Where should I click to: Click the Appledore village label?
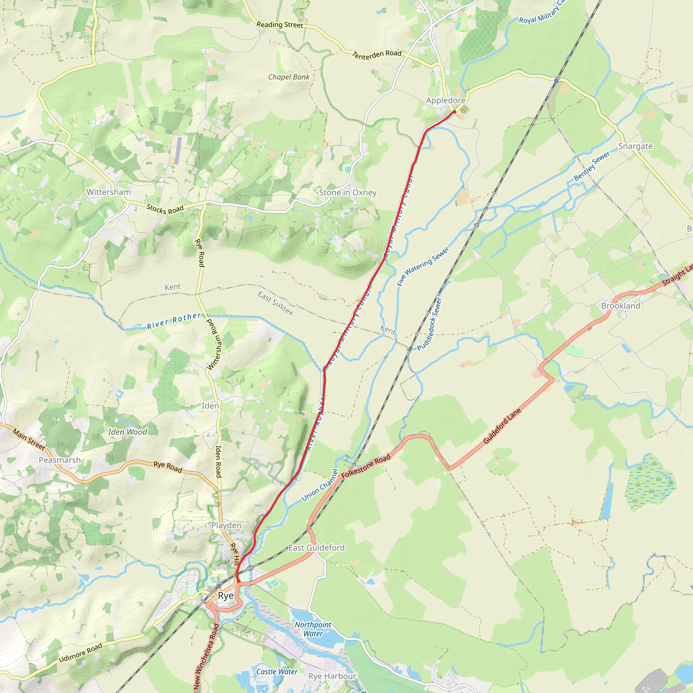tap(446, 100)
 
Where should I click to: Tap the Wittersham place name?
tap(108, 192)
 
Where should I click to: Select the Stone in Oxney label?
tap(348, 193)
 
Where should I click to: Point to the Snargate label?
tap(635, 146)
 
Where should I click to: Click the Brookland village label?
tap(621, 306)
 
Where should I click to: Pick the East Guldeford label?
tap(316, 548)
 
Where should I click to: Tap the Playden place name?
tap(226, 526)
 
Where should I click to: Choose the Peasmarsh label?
tap(60, 460)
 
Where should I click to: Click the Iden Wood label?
tap(127, 432)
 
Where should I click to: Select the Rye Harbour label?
tap(332, 676)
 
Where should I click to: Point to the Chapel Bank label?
tap(288, 77)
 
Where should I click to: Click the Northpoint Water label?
tap(313, 629)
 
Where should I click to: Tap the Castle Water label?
tap(276, 672)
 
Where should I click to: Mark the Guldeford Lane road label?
tap(502, 426)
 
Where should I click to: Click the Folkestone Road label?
tap(365, 467)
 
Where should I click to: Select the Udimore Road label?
tap(80, 653)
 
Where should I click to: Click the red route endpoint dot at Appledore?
tap(454, 112)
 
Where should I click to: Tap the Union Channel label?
tap(319, 485)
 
